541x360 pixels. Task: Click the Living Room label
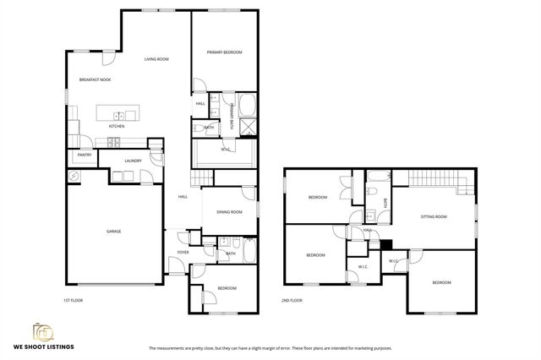[x=156, y=59]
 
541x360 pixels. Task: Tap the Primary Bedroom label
[x=225, y=52]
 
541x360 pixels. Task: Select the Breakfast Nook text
[x=95, y=79]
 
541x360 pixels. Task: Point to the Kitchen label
[x=117, y=126]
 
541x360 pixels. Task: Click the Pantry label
[x=85, y=155]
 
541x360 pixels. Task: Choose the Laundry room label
[x=132, y=161]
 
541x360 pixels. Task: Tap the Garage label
[x=114, y=231]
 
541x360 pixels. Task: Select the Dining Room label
[x=229, y=211]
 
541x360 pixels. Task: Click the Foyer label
[x=183, y=253]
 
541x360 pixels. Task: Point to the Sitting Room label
[x=434, y=217]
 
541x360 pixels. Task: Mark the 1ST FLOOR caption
[x=74, y=300]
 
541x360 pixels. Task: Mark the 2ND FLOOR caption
[x=292, y=300]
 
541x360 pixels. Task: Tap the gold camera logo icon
[x=41, y=330]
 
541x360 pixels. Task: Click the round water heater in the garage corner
[x=75, y=176]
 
